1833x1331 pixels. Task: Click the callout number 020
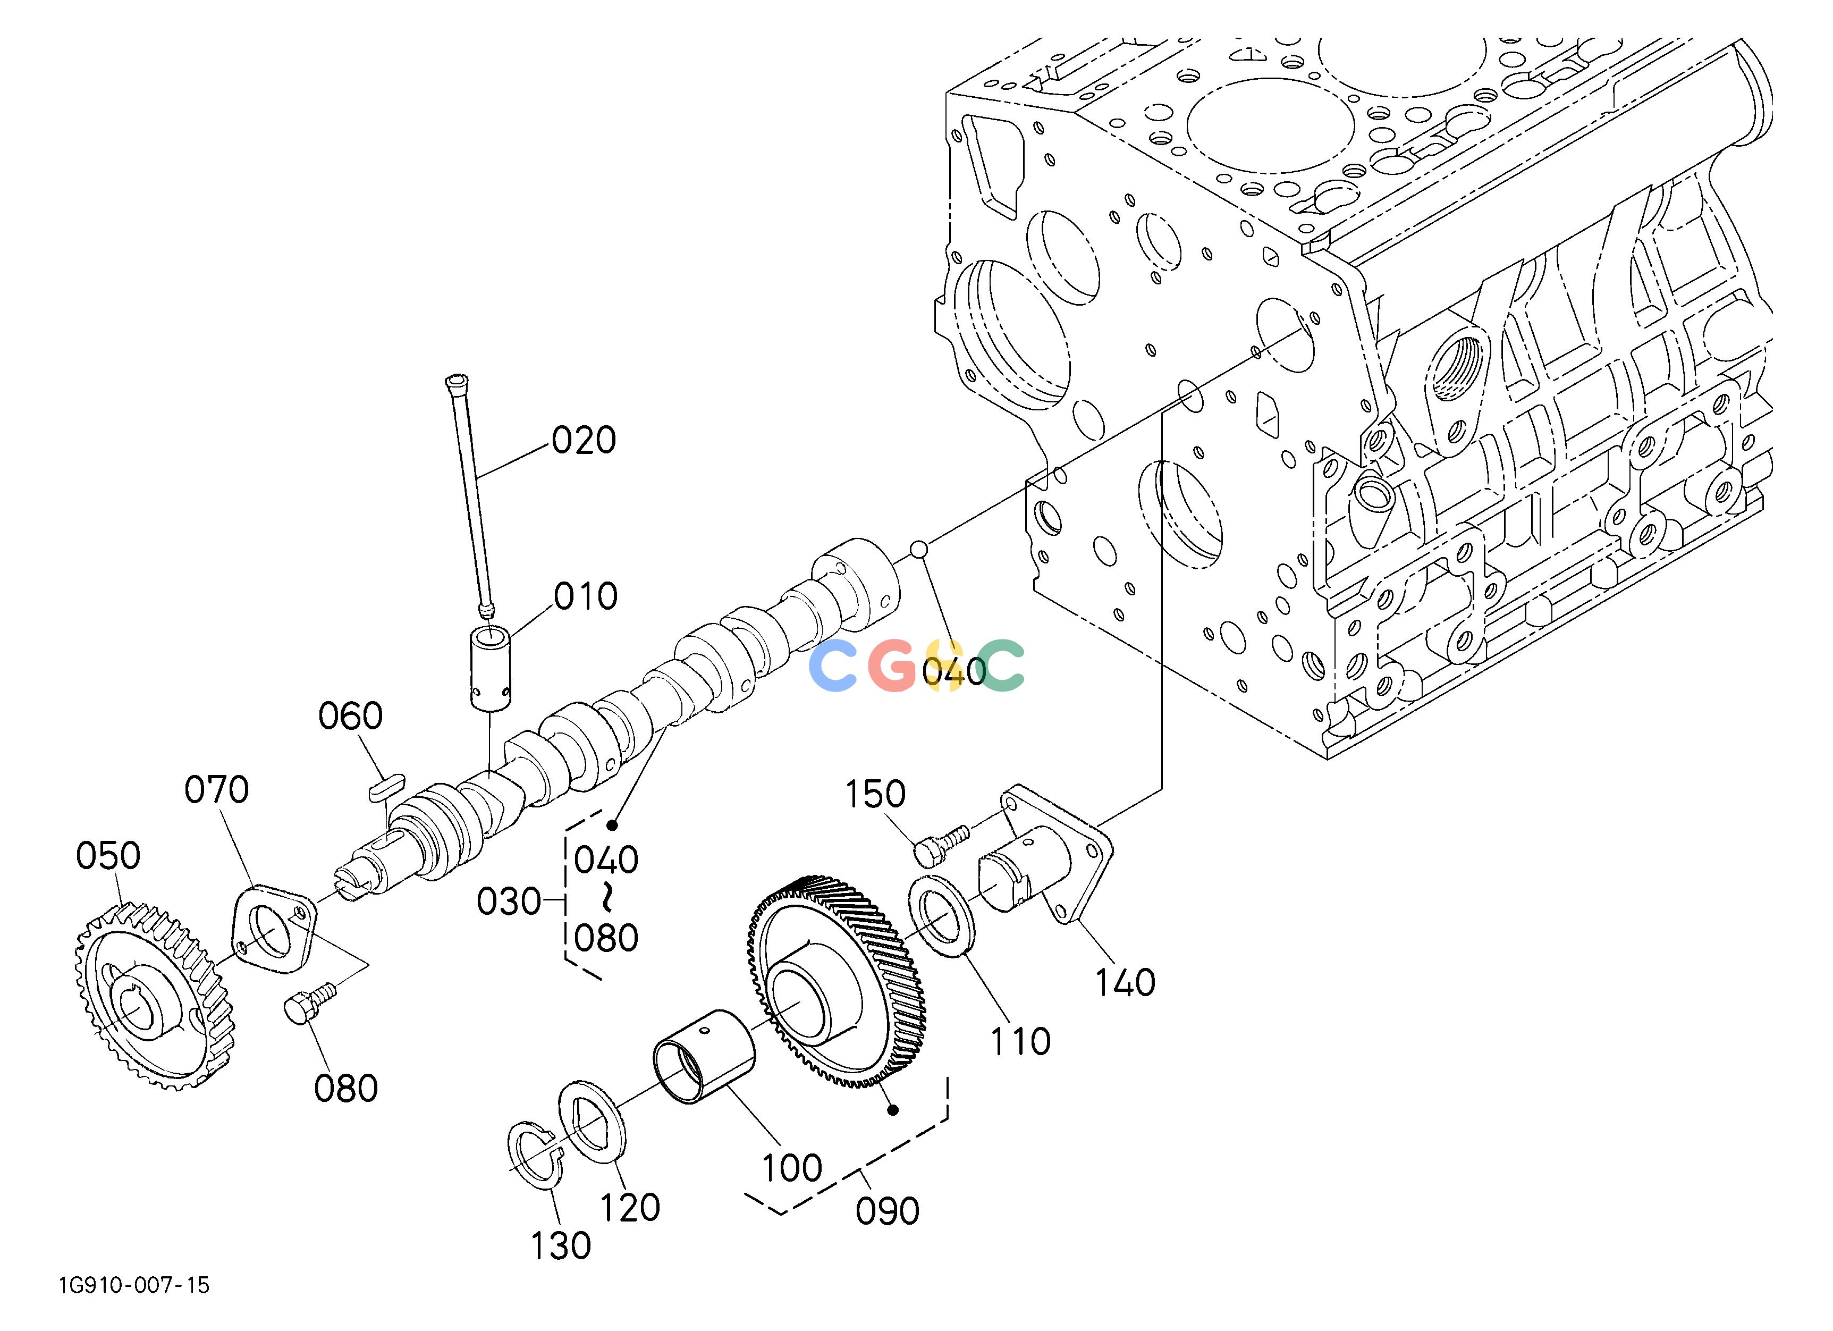pos(584,441)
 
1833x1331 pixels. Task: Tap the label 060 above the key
pos(350,716)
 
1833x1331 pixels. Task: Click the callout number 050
pos(108,855)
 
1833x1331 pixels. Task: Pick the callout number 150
pos(875,794)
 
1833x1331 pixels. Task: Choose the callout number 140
pos(1125,983)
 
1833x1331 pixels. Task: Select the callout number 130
pos(561,1246)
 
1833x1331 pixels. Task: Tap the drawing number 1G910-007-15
pos(133,1285)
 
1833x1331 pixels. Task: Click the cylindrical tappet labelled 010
pos(491,669)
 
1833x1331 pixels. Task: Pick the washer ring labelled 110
pos(944,916)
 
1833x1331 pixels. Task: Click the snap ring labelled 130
pos(536,1156)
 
